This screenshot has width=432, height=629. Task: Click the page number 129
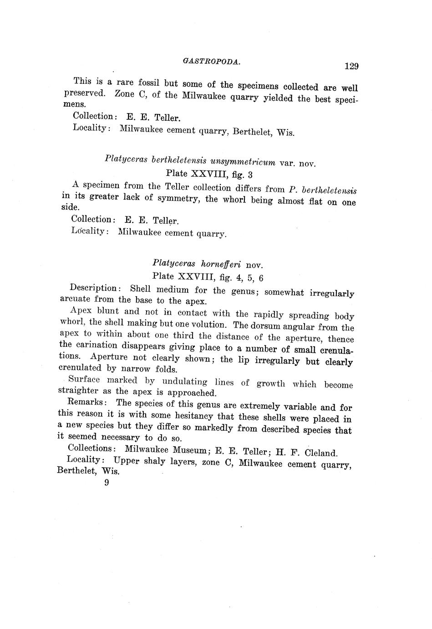pyautogui.click(x=351, y=66)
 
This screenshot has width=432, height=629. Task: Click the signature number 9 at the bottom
pyautogui.click(x=107, y=483)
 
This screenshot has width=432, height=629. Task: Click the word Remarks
pyautogui.click(x=87, y=402)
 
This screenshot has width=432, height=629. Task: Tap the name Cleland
pyautogui.click(x=321, y=453)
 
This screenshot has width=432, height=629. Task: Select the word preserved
pyautogui.click(x=85, y=93)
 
